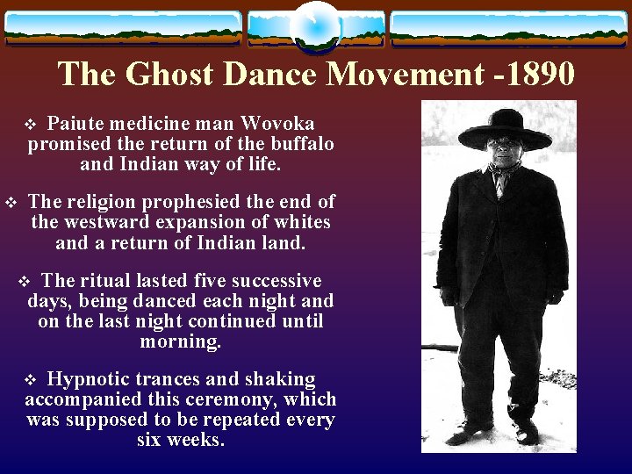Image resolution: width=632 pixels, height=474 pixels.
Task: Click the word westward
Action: [x=103, y=222]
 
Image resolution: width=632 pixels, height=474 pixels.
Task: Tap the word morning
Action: [x=180, y=341]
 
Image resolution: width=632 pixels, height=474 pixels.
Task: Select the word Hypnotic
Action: [x=86, y=379]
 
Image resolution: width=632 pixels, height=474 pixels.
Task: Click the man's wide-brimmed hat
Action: [x=505, y=128]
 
